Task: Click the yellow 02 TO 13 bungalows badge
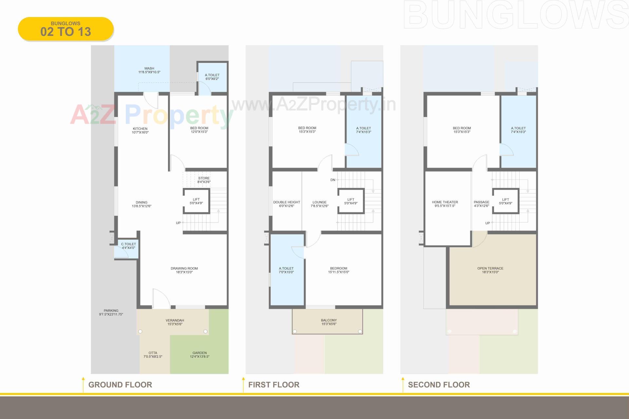coord(66,29)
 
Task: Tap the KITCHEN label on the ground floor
coord(140,130)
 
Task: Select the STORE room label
coord(204,180)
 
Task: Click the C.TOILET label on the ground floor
coord(128,246)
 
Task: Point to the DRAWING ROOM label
coord(184,270)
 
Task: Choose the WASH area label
coord(149,70)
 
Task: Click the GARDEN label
coord(200,355)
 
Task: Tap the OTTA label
coord(153,355)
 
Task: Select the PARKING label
coord(111,312)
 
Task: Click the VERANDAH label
coord(175,322)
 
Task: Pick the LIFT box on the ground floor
coord(196,201)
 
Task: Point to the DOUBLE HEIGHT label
coord(287,204)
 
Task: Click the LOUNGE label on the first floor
coord(319,204)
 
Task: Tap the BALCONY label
coord(329,322)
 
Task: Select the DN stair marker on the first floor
coord(333,180)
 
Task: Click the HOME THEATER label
coord(445,204)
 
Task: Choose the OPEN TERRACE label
coord(490,270)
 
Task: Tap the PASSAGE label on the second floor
coord(481,204)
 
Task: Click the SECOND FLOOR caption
coord(439,385)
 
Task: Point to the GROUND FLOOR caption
coord(120,385)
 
